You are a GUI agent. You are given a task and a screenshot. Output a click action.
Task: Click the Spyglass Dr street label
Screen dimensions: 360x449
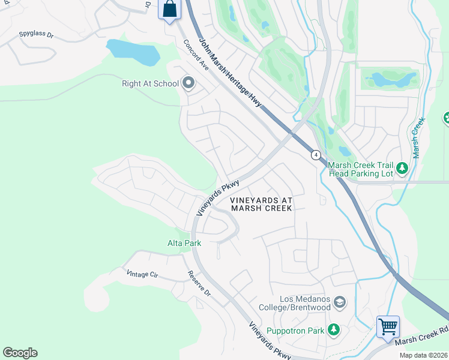pos(36,35)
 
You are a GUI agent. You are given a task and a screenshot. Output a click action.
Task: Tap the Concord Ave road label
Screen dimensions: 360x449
pos(196,56)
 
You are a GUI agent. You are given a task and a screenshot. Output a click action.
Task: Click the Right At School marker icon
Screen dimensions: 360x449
pos(188,83)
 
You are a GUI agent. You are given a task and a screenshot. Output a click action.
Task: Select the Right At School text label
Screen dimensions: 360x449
pos(150,83)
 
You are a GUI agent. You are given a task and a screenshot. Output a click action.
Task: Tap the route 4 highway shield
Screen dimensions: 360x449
pos(316,155)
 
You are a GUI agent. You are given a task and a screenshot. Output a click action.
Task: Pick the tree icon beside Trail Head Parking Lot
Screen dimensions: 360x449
pos(402,169)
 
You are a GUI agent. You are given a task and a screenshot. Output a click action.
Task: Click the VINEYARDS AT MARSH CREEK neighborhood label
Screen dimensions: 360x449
pos(261,204)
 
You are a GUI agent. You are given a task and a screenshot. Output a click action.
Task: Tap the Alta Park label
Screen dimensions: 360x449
pos(184,243)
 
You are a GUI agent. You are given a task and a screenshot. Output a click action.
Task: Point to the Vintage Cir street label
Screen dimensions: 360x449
pos(142,274)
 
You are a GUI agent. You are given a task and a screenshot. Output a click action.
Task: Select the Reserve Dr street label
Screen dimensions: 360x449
pos(199,284)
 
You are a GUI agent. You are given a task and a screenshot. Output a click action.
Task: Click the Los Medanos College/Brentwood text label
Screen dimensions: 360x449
pos(305,303)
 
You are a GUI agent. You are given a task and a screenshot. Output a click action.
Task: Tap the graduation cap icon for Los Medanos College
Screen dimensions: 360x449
pos(340,302)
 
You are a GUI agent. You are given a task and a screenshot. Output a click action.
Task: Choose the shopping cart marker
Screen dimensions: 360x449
pos(388,327)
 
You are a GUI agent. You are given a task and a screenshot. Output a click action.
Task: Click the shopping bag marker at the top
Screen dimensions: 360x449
pos(170,10)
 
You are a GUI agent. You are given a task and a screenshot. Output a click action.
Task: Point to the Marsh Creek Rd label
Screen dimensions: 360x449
pos(421,338)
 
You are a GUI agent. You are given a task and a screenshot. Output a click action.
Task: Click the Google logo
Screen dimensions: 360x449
pos(20,353)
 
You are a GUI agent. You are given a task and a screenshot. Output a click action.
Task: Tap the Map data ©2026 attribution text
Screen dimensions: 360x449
pos(423,355)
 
